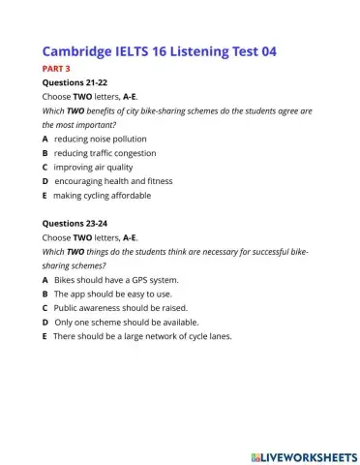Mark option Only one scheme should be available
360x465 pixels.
coord(112,322)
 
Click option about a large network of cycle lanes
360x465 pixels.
coord(135,336)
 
